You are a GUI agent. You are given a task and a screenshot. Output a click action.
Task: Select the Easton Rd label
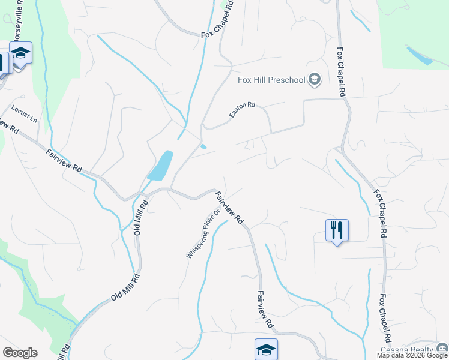tap(242, 109)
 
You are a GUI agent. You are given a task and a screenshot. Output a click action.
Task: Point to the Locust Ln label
tap(24, 114)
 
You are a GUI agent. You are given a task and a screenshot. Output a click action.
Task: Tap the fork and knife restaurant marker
tap(337, 229)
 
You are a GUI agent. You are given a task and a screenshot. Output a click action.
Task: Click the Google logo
tap(20, 353)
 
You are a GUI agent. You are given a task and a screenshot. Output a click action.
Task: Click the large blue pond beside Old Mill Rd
tap(160, 166)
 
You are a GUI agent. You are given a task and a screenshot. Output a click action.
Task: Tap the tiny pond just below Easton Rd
tap(204, 146)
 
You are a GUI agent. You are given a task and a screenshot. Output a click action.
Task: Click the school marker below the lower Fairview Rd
tap(266, 349)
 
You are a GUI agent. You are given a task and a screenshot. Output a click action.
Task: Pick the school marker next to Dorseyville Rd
tap(21, 53)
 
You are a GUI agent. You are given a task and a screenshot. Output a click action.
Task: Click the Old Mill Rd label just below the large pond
tap(141, 218)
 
